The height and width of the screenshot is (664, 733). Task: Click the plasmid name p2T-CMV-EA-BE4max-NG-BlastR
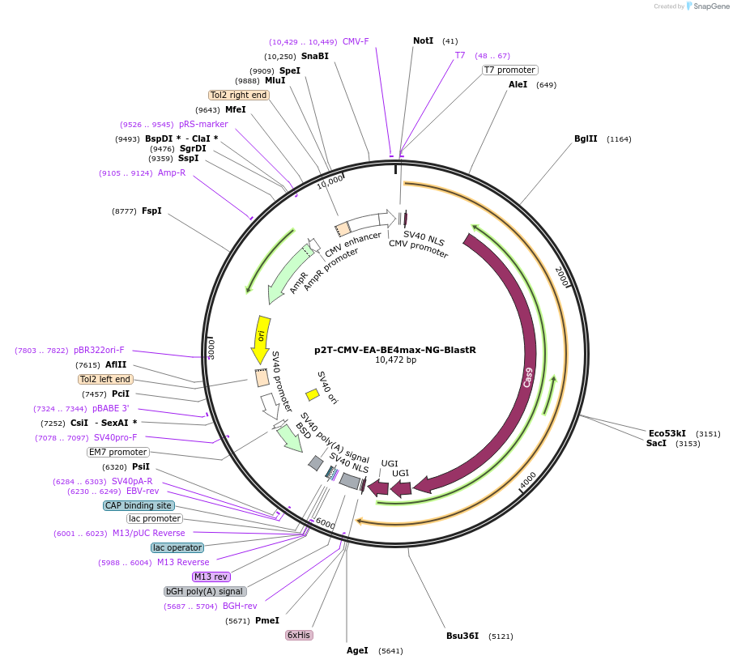[x=395, y=351]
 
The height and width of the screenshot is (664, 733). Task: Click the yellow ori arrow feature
[x=261, y=338]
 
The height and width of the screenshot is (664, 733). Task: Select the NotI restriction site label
[x=423, y=40]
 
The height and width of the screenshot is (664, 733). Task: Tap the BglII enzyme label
[x=586, y=138]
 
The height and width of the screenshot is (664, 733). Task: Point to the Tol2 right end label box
[x=238, y=95]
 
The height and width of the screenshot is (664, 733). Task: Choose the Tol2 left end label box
[x=106, y=379]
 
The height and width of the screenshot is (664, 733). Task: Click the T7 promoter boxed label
[x=509, y=70]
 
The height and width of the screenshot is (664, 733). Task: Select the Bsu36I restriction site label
[x=462, y=636]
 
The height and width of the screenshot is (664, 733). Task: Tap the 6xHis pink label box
[x=298, y=635]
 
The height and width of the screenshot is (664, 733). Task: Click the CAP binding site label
[x=139, y=505]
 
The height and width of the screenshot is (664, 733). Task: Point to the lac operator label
[x=177, y=547]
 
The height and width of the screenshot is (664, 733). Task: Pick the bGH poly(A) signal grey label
[x=205, y=591]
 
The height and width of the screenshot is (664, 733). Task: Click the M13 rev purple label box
[x=211, y=577]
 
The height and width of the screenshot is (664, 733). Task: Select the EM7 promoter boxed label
[x=118, y=452]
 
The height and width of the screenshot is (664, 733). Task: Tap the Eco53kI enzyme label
[x=667, y=433]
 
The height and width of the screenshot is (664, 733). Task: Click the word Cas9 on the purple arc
[x=527, y=377]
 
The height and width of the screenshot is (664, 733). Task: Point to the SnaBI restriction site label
[x=314, y=56]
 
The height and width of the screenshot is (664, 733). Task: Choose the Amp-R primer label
[x=171, y=172]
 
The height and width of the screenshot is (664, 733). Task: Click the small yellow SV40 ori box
[x=312, y=394]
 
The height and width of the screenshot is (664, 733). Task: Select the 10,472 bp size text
[x=395, y=360]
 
